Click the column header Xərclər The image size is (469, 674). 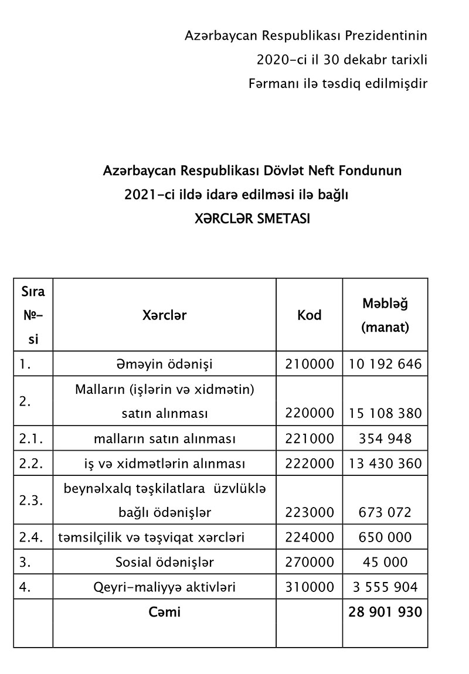coord(164,315)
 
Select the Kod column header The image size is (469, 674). coord(309,315)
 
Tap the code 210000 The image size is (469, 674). coord(310,364)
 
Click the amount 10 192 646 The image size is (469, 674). coord(385,364)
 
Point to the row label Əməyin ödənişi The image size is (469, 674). coord(164,364)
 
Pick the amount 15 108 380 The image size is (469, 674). coord(385,413)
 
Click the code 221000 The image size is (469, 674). coord(310,438)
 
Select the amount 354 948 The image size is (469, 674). coord(385,438)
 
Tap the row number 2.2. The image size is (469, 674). coord(29,464)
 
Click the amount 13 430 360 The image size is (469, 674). coord(385,464)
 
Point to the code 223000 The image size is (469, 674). coord(310,512)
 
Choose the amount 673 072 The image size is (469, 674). coord(385,512)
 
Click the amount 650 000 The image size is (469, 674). coord(385,537)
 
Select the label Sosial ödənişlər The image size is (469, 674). coord(164,562)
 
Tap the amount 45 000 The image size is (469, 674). coord(385,562)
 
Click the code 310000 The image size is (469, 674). coord(310,587)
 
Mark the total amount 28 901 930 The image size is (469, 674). coord(385,612)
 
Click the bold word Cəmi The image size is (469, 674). coord(164,612)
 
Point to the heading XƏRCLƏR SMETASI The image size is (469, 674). coord(252,219)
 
